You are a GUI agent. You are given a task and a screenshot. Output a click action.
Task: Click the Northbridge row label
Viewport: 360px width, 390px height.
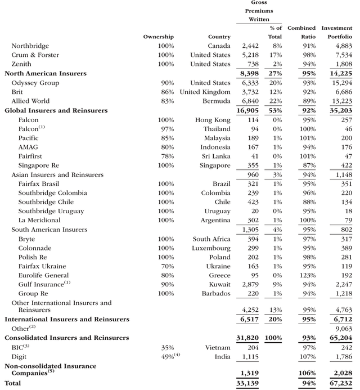point(30,46)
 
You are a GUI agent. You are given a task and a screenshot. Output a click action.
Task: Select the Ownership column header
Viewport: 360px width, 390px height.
point(158,37)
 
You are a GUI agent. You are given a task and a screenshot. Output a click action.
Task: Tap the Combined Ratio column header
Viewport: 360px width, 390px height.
point(301,32)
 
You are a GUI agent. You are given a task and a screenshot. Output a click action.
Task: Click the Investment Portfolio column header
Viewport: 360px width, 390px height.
point(337,32)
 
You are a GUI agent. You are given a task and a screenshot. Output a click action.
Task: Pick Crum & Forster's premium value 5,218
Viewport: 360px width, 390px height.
point(250,55)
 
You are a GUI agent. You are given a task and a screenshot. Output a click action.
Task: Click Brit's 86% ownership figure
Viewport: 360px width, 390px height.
point(166,92)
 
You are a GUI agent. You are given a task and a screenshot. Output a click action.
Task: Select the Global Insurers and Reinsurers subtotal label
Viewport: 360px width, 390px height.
point(56,110)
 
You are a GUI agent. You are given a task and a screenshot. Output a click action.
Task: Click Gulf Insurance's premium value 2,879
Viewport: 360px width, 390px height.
point(250,285)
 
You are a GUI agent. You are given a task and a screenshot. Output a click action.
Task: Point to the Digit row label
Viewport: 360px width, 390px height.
point(19,357)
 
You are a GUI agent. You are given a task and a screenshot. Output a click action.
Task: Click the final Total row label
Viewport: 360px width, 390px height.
point(13,383)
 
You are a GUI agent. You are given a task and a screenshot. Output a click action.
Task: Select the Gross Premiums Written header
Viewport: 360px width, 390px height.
point(259,11)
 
